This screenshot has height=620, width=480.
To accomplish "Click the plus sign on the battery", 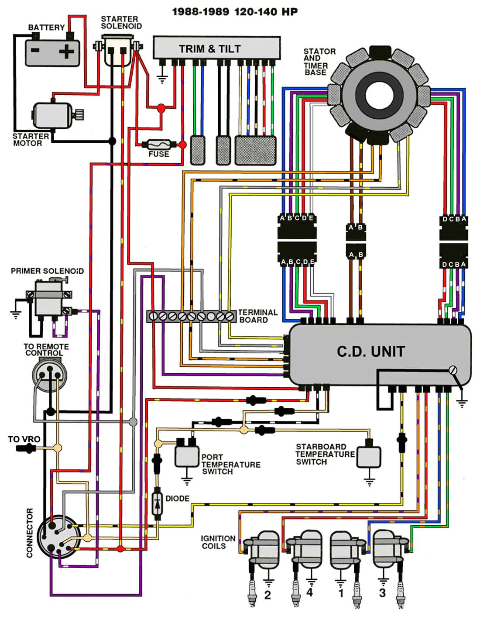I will point(66,52).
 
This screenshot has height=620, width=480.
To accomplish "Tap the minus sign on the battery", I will point(35,50).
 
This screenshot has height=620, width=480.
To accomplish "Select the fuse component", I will point(159,144).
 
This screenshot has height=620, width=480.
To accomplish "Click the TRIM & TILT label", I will point(210,49).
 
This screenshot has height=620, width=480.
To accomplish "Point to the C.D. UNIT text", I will point(371,351).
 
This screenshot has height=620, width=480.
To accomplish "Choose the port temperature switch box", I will point(187,455).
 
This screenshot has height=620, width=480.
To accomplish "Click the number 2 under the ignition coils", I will point(267,595).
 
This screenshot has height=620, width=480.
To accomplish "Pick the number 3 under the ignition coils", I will point(382,592).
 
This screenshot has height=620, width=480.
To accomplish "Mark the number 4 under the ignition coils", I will point(309,592).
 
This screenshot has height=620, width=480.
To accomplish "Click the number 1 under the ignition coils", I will point(341,593).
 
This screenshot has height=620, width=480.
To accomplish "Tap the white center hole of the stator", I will point(377,96).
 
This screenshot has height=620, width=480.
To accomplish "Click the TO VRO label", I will point(24,439).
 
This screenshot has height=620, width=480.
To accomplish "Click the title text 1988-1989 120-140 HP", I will point(235,12).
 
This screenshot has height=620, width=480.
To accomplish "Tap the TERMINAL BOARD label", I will point(257,316).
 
